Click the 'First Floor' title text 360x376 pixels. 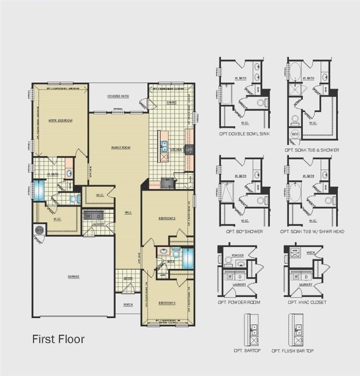pos(58,339)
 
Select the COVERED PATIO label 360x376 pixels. pos(118,96)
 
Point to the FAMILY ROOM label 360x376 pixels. pos(119,147)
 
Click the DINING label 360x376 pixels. pos(171,102)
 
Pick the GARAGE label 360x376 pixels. pos(73,277)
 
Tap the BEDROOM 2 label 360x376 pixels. pos(167,218)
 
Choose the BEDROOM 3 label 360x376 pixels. pos(167,303)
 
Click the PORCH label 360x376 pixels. pos(128,305)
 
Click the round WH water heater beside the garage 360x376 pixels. pos(39,230)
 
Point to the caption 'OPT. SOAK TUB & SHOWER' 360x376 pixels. pos(312,150)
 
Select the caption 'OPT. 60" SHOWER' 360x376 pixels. pos(244,231)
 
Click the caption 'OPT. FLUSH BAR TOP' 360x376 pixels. pos(293,351)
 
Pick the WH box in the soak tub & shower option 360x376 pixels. pos(295,134)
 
